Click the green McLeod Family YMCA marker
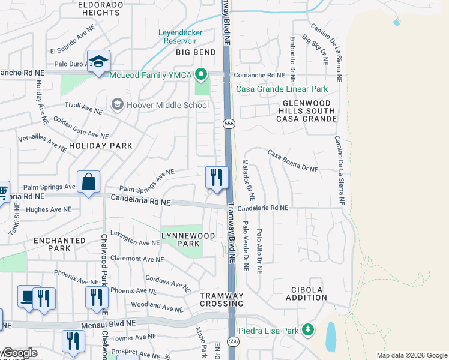pos(201,75)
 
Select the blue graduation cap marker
pos(98,61)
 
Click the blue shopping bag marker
pos(88,182)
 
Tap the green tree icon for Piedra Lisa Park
pos(308,330)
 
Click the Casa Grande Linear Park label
pos(282,89)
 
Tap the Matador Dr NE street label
pos(248,179)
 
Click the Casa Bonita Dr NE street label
pos(293,161)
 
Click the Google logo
pos(19,353)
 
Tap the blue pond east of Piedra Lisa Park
pos(331,337)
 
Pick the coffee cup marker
pos(28,296)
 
